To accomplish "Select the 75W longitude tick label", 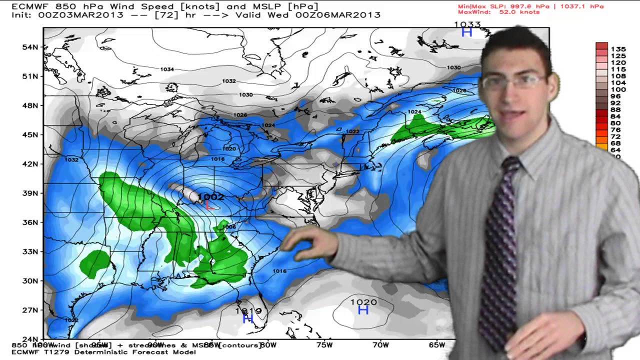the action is click(324, 344).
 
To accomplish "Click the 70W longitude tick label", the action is click(380, 344).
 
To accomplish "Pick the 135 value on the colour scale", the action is click(618, 49).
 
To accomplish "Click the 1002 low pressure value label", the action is click(211, 197).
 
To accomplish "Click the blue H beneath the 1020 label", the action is click(363, 310).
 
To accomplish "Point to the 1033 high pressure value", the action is click(467, 24).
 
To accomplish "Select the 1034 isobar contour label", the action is click(167, 69).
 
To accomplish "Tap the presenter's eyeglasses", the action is click(512, 81).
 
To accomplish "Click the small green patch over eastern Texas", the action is click(95, 262).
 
